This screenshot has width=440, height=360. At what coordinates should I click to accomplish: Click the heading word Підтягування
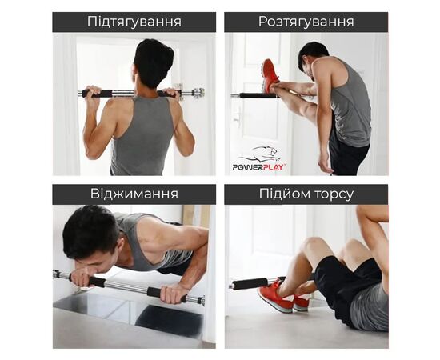(x=134, y=22)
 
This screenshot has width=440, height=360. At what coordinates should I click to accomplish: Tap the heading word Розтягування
(x=306, y=22)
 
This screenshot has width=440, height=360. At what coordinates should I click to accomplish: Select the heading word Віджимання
(x=134, y=194)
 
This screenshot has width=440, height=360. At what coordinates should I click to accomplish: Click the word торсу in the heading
(x=332, y=194)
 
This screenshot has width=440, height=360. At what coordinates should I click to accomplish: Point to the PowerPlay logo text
(x=258, y=166)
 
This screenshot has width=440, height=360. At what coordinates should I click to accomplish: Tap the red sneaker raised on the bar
(x=270, y=75)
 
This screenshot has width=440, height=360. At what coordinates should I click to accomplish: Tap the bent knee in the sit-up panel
(x=311, y=244)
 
